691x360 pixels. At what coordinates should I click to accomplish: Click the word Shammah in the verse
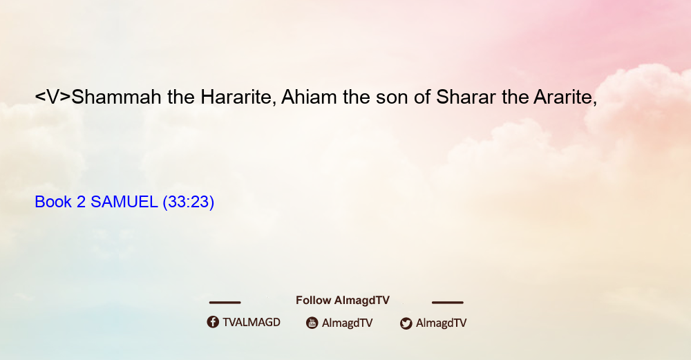[116, 97]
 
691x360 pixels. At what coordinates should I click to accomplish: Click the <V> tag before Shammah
[53, 97]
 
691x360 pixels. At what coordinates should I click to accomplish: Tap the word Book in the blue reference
[53, 202]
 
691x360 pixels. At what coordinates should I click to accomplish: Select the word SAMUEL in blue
[124, 202]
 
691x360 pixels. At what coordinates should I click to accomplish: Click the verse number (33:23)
[188, 202]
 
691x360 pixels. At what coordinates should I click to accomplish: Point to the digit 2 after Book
[81, 202]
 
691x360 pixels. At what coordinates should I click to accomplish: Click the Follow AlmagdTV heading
[343, 301]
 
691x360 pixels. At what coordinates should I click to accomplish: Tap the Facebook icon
[213, 322]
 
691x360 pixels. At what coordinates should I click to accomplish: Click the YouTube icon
[312, 323]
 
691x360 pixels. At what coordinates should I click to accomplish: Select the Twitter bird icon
[406, 323]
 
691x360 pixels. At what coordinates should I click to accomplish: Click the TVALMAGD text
[252, 322]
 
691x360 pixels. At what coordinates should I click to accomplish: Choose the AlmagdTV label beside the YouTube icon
[348, 323]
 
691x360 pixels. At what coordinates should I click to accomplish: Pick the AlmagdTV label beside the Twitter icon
[441, 323]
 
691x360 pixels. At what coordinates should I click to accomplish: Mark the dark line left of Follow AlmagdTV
[225, 302]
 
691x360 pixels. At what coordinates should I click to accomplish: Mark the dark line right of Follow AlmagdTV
[448, 302]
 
